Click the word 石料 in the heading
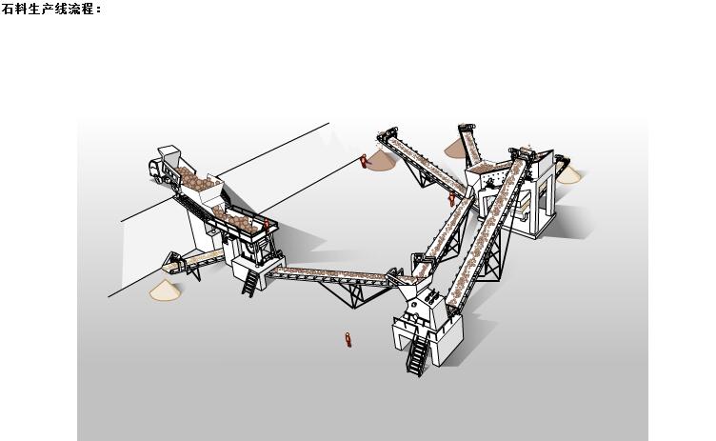pyautogui.click(x=15, y=9)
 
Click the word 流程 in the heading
pyautogui.click(x=81, y=9)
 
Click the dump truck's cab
pyautogui.click(x=156, y=169)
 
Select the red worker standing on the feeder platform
pyautogui.click(x=267, y=225)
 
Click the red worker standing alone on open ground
pyautogui.click(x=348, y=339)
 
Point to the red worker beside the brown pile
pyautogui.click(x=364, y=161)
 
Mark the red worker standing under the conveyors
pyautogui.click(x=451, y=199)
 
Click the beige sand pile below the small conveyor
pyautogui.click(x=165, y=291)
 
